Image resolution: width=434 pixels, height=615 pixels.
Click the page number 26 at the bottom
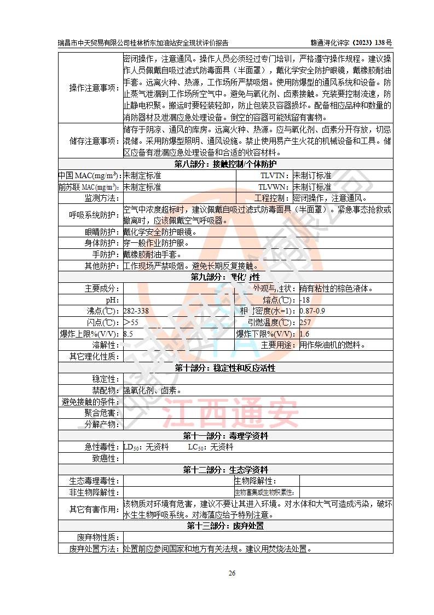pyautogui.click(x=232, y=573)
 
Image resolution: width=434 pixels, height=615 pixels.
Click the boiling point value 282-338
pyautogui.click(x=136, y=311)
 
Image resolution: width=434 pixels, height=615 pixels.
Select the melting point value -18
pyautogui.click(x=305, y=300)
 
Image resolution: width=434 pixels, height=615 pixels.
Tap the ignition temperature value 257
pyautogui.click(x=305, y=322)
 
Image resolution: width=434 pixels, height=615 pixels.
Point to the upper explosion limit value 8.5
pyautogui.click(x=129, y=334)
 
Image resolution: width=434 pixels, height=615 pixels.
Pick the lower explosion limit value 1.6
pyautogui.click(x=304, y=334)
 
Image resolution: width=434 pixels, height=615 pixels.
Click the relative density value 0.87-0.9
pyautogui.click(x=313, y=311)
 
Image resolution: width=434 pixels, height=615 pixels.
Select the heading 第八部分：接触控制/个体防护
pyautogui.click(x=225, y=164)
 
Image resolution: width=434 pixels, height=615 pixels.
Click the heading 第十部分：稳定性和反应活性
pyautogui.click(x=225, y=368)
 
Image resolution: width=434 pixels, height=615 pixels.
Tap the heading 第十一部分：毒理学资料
pyautogui.click(x=225, y=436)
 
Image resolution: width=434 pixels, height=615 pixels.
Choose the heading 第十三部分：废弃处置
pyautogui.click(x=225, y=526)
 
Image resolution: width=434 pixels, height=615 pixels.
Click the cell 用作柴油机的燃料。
pyautogui.click(x=332, y=345)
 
